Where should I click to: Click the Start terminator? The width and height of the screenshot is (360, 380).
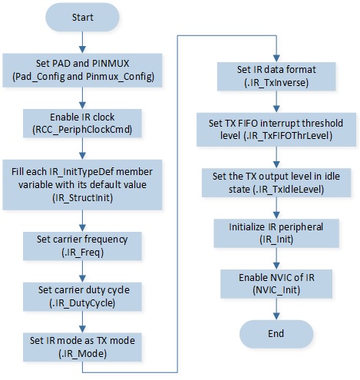[82, 18]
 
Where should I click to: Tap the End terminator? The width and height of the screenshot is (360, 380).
[276, 334]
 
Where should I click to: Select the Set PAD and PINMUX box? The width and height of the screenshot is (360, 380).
[82, 70]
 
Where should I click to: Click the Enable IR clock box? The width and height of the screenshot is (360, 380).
[82, 124]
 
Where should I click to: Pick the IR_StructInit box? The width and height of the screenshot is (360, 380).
[82, 185]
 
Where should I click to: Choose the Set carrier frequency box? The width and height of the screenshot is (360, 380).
[82, 246]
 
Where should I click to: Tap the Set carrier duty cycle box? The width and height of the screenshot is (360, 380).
[82, 296]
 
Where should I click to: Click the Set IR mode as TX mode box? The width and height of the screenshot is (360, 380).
[82, 347]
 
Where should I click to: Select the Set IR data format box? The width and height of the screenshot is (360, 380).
[276, 76]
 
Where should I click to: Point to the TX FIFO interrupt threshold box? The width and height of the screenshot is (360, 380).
[276, 130]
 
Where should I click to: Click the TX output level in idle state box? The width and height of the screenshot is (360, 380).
[276, 183]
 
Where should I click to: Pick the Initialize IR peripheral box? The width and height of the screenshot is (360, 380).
[276, 233]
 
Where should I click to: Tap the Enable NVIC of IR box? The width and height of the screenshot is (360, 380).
[276, 284]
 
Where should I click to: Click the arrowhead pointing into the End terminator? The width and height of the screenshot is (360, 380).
[276, 316]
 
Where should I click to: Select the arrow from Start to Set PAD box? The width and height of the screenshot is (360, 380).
[82, 42]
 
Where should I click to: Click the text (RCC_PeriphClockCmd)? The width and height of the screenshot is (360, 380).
[82, 130]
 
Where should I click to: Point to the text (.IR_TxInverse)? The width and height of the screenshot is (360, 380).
[276, 83]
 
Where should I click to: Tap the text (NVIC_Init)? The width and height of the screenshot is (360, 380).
[276, 290]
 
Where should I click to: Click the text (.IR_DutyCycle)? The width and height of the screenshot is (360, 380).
[82, 303]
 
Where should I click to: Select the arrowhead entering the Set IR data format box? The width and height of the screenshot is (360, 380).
[276, 58]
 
